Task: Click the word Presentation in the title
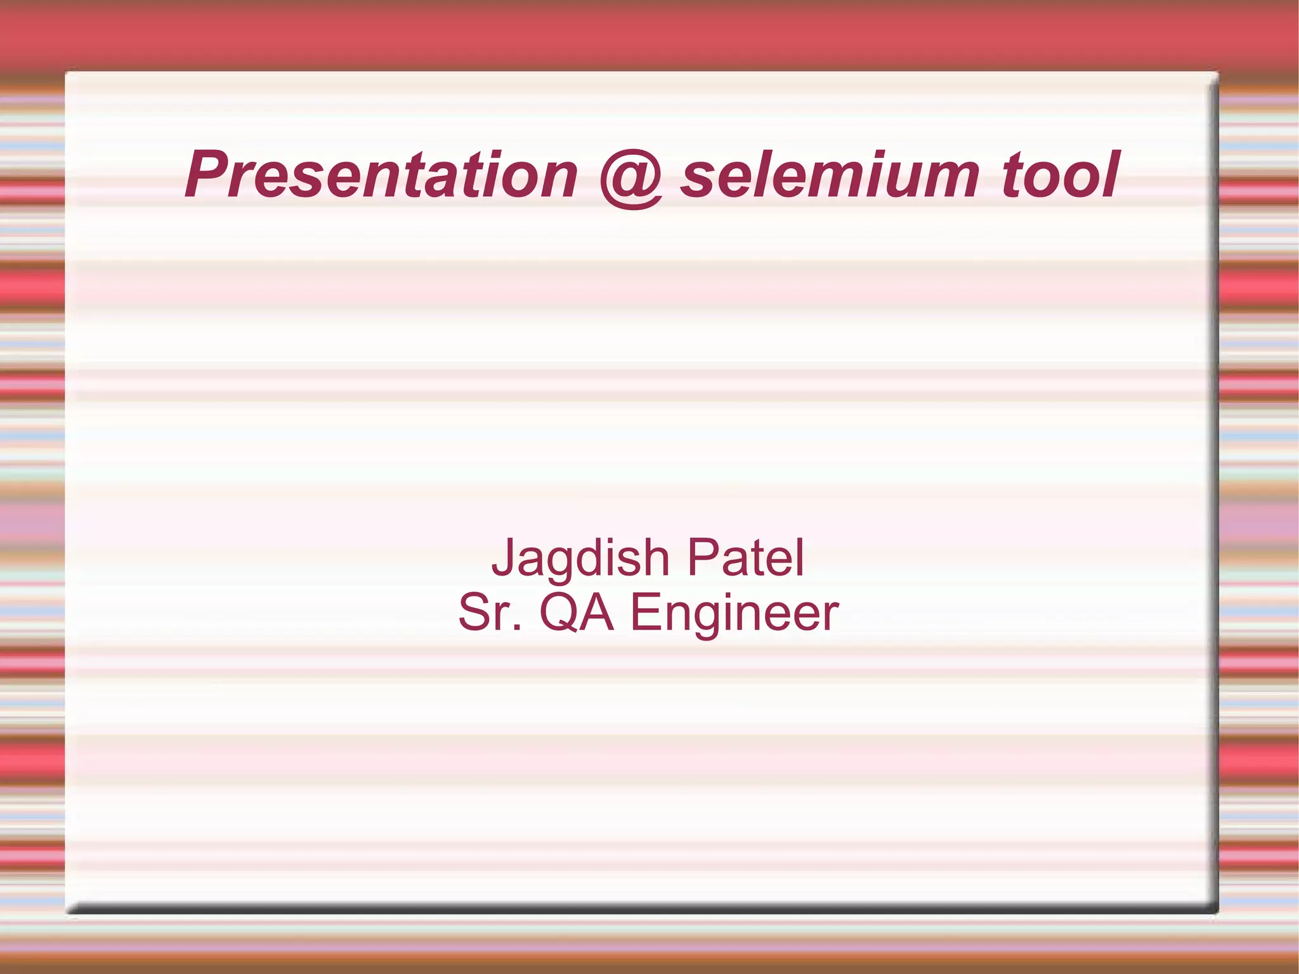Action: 381,174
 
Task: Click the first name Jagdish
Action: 580,558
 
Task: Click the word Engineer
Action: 734,614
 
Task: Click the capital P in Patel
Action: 704,557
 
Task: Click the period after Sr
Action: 518,629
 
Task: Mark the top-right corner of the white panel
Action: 1216,74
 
